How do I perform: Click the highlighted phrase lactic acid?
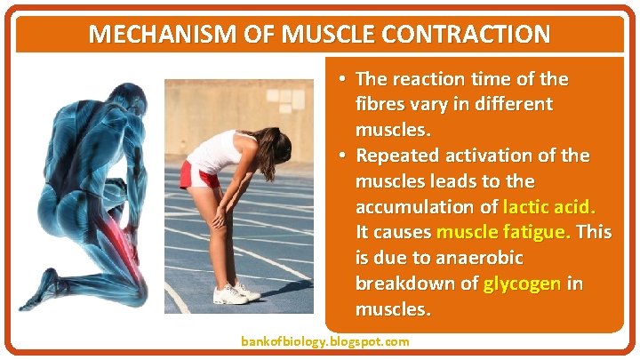coord(549,207)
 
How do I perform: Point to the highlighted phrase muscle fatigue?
coord(504,233)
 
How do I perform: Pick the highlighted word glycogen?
coord(522,284)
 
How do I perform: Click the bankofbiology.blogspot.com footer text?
coord(325,341)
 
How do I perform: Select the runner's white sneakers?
coord(233,292)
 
